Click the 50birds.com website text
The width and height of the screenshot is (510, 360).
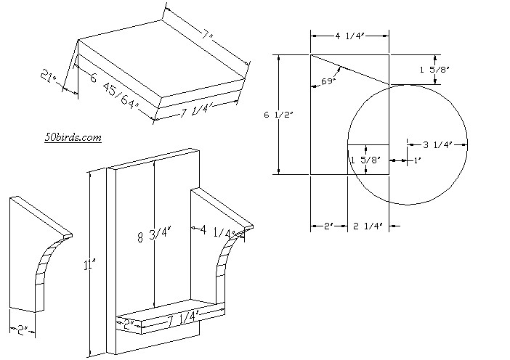73,137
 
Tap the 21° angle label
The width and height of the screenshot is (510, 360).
49,77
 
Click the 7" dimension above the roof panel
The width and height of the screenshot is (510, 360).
206,35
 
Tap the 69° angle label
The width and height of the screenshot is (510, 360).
328,81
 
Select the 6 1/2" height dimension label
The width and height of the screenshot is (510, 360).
279,115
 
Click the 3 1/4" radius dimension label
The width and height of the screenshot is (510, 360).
438,144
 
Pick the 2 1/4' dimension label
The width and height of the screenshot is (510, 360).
368,226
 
